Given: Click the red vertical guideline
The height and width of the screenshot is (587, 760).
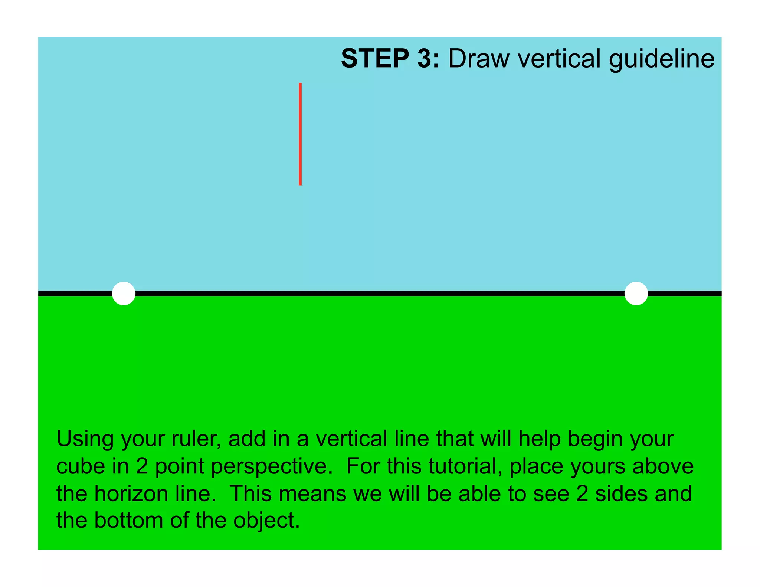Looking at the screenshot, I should [300, 134].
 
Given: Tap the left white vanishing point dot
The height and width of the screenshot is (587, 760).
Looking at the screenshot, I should [124, 293].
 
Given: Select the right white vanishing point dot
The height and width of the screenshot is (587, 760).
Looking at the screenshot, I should [636, 293].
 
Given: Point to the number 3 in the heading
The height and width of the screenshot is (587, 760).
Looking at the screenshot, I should [426, 59].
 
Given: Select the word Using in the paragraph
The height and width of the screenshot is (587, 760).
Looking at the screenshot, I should [85, 439].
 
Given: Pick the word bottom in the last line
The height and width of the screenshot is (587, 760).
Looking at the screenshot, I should [128, 521].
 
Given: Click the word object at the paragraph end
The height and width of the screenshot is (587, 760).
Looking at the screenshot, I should [266, 521].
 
